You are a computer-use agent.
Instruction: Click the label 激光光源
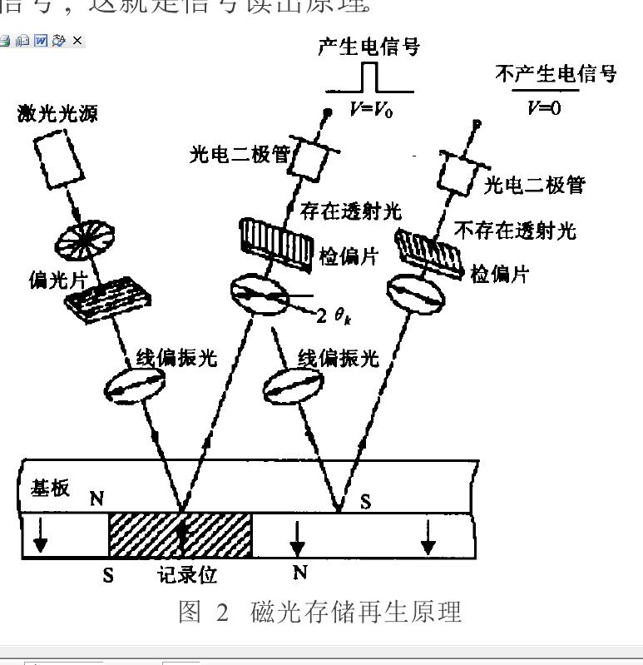(x=57, y=113)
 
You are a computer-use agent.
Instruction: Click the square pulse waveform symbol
(x=369, y=77)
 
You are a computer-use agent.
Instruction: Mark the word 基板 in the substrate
(x=51, y=487)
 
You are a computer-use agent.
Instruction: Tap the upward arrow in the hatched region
(x=181, y=533)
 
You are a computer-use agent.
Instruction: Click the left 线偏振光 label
(x=176, y=358)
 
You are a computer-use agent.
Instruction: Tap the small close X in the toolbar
(x=77, y=40)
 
